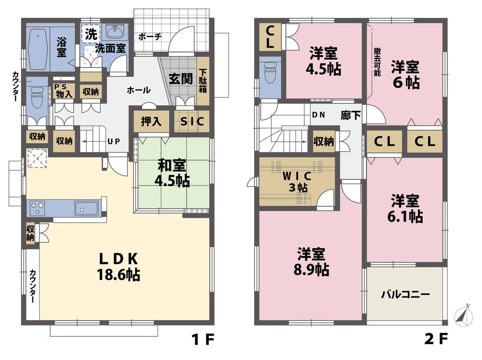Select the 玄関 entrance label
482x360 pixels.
click(x=181, y=79)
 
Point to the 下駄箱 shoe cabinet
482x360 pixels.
click(x=202, y=81)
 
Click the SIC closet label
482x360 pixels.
click(x=192, y=121)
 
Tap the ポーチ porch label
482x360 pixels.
click(x=149, y=37)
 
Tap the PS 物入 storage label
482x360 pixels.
click(x=64, y=90)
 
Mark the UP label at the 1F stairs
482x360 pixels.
click(x=114, y=141)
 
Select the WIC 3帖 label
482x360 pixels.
click(x=295, y=182)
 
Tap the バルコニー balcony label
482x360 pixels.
click(x=405, y=294)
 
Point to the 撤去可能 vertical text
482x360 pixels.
click(x=376, y=62)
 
